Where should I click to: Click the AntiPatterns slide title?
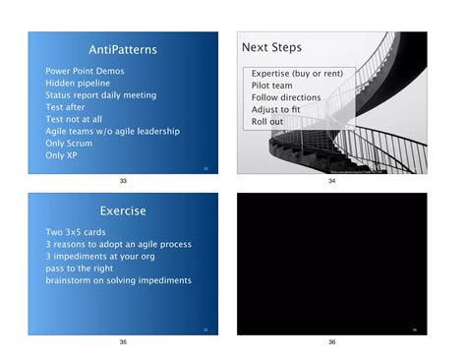pyautogui.click(x=122, y=49)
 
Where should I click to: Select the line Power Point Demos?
pyautogui.click(x=85, y=72)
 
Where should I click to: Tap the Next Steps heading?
pyautogui.click(x=271, y=47)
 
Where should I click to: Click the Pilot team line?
pyautogui.click(x=271, y=86)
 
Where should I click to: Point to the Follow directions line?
pyautogui.click(x=286, y=97)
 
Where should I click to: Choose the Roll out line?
pyautogui.click(x=266, y=121)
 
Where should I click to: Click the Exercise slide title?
pyautogui.click(x=122, y=210)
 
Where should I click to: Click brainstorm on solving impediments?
pyautogui.click(x=118, y=280)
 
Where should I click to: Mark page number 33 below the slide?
pyautogui.click(x=123, y=182)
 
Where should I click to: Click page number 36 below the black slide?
pyautogui.click(x=331, y=342)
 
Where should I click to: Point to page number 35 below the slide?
pyautogui.click(x=123, y=342)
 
